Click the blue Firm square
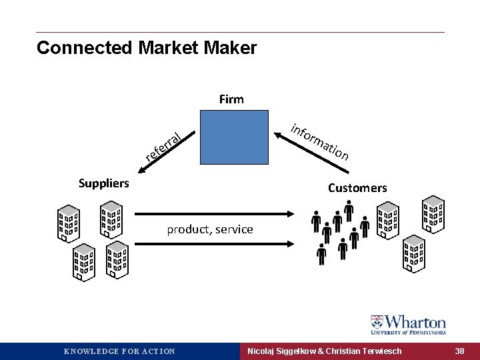pos(231,138)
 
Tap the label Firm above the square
pos(231,99)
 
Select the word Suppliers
pos(104,183)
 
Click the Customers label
pos(357,188)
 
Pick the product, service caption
pos(210,229)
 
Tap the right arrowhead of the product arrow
pos(291,213)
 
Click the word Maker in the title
pos(231,48)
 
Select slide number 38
pos(460,351)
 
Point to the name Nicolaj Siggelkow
pos(280,351)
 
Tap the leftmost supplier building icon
pos(69,222)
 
